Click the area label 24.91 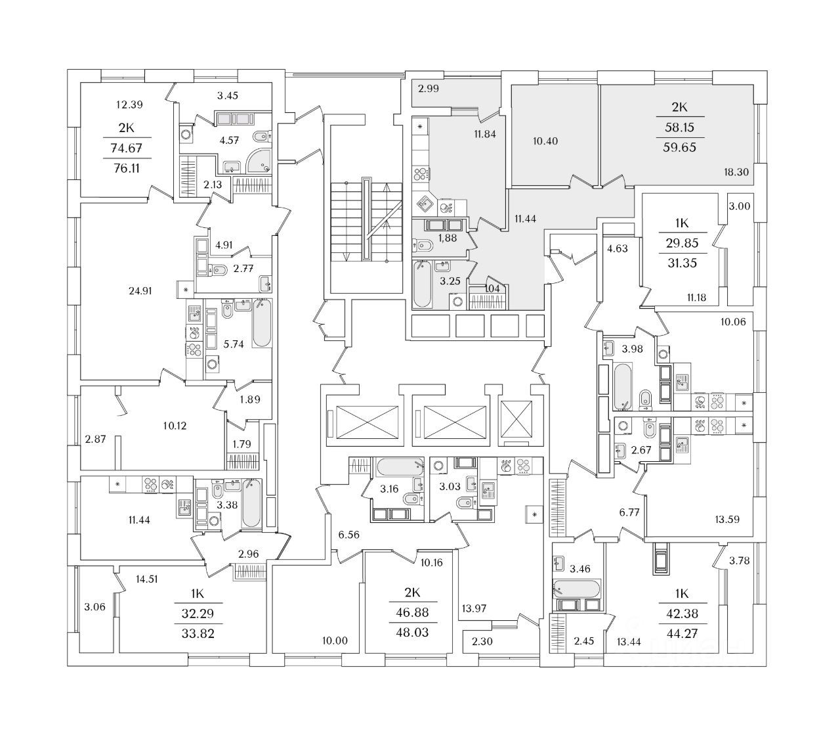pyautogui.click(x=140, y=291)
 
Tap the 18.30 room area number pyautogui.click(x=736, y=172)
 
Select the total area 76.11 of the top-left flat pyautogui.click(x=127, y=168)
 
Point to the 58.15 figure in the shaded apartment pyautogui.click(x=679, y=127)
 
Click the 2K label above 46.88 pyautogui.click(x=412, y=593)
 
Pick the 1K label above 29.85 pyautogui.click(x=682, y=223)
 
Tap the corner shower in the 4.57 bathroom pyautogui.click(x=259, y=160)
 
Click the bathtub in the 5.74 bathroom pyautogui.click(x=262, y=323)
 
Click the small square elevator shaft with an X pyautogui.click(x=516, y=419)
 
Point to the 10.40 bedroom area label pyautogui.click(x=545, y=141)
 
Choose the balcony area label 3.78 pyautogui.click(x=739, y=561)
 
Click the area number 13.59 pyautogui.click(x=727, y=519)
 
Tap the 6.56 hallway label pyautogui.click(x=348, y=535)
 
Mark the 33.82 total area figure pyautogui.click(x=198, y=634)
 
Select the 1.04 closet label pyautogui.click(x=492, y=289)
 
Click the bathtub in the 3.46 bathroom pyautogui.click(x=576, y=589)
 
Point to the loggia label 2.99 pyautogui.click(x=429, y=89)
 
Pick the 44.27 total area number pyautogui.click(x=682, y=634)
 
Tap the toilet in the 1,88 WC pyautogui.click(x=423, y=246)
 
